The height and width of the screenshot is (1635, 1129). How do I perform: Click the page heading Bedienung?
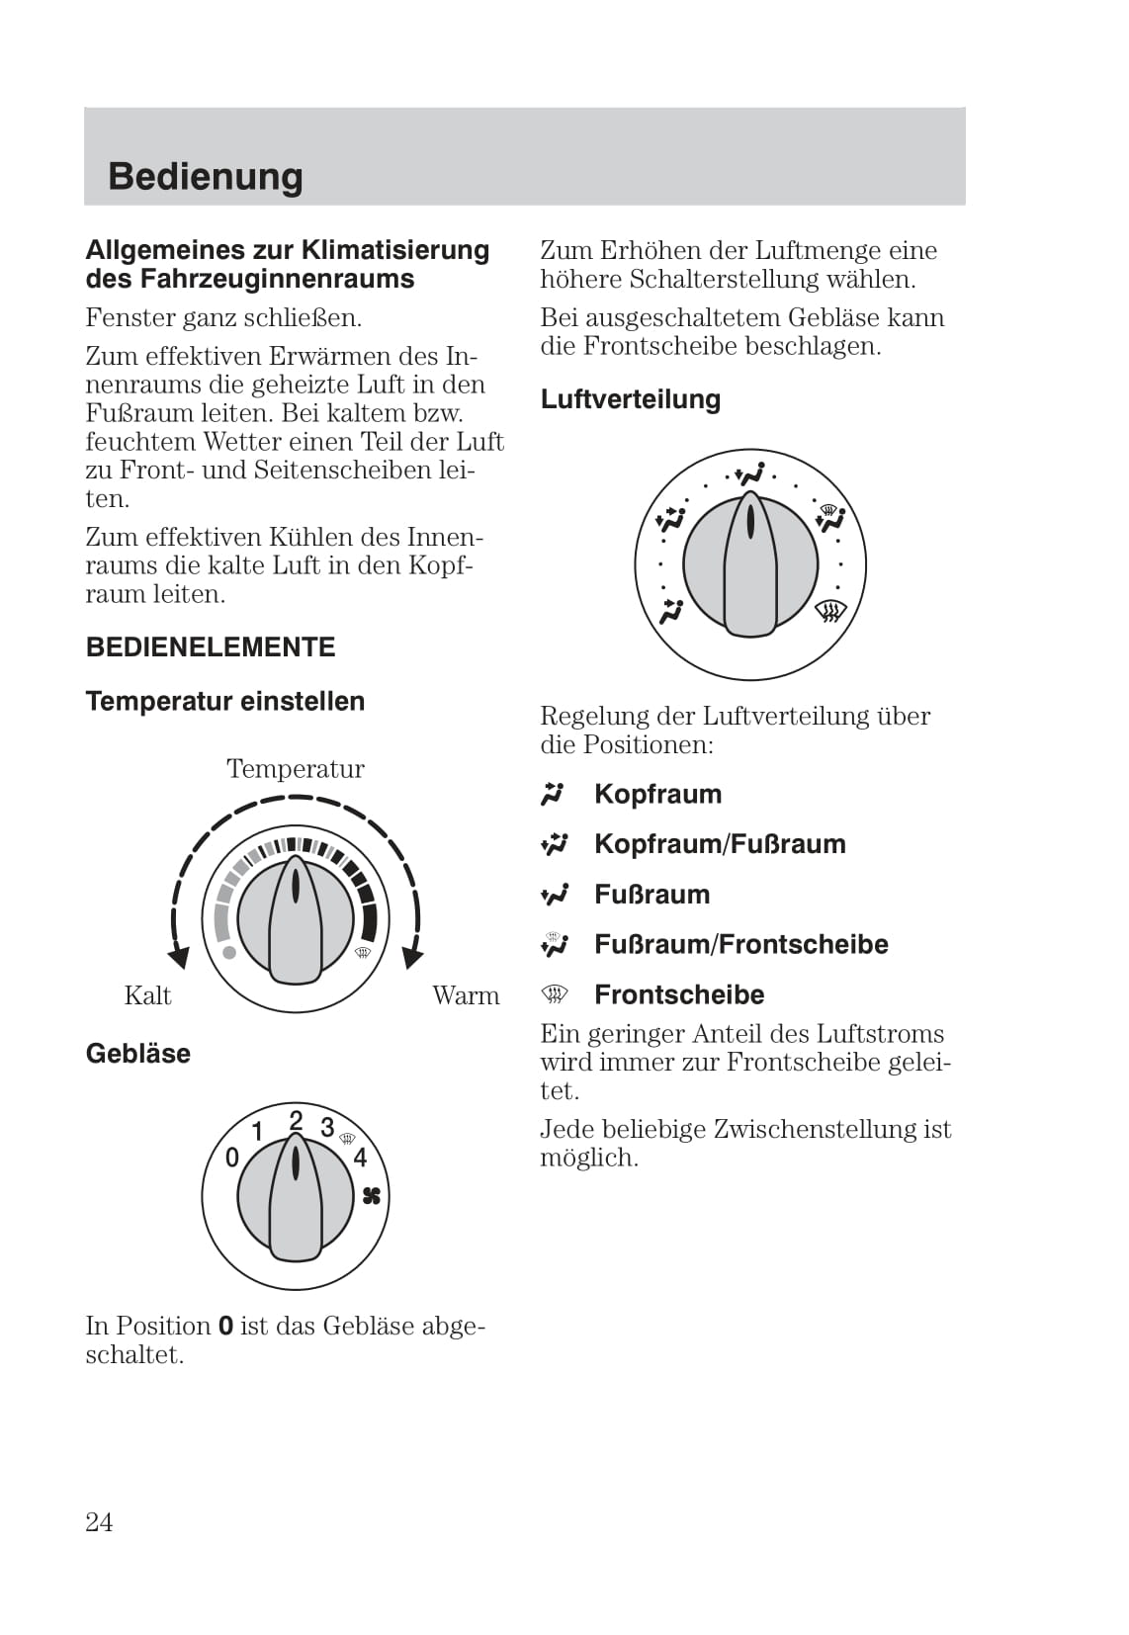pos(206,176)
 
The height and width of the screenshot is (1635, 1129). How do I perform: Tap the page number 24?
pos(99,1521)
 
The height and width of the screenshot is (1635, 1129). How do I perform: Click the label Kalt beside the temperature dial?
pos(147,995)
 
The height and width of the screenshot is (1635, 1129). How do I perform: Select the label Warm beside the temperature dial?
pos(466,995)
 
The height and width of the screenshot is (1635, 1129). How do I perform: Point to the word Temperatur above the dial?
pos(295,768)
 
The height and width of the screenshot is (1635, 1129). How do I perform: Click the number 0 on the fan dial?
pos(232,1158)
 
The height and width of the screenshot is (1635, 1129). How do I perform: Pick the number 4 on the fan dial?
pos(360,1158)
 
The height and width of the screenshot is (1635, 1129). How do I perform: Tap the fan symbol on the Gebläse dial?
pos(372,1196)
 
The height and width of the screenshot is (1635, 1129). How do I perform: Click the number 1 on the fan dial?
pos(257,1131)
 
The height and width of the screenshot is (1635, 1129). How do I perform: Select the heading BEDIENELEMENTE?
pos(211,647)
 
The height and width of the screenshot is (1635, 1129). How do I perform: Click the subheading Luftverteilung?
pos(630,399)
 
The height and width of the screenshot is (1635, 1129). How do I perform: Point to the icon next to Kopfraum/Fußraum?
pos(555,844)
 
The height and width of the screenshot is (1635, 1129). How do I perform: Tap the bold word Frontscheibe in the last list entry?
pos(679,994)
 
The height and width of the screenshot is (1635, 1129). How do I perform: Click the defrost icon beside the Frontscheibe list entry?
pos(555,993)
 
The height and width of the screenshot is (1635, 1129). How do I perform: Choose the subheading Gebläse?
pos(138,1053)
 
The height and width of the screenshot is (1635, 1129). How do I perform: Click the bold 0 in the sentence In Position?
pos(225,1326)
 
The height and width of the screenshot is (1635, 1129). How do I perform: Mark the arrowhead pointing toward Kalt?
pos(179,956)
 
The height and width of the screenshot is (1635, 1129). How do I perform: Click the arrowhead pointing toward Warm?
pos(412,956)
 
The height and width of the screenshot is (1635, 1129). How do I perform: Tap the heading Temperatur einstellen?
pos(225,701)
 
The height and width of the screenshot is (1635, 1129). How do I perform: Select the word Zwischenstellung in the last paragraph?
pos(816,1129)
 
